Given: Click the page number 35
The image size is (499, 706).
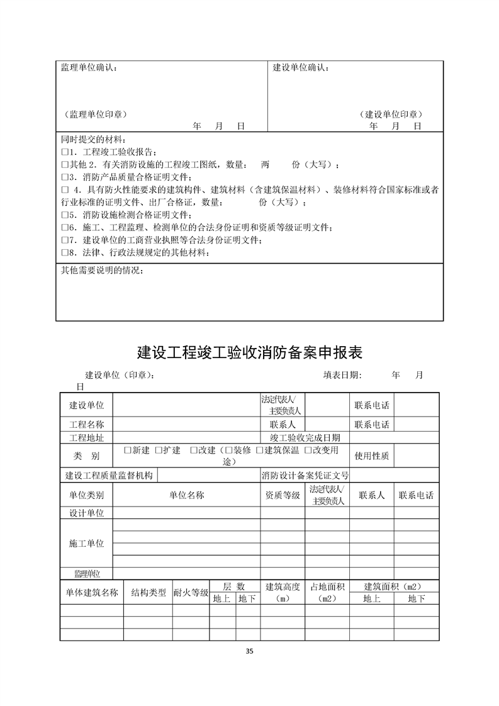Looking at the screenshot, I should [x=250, y=651].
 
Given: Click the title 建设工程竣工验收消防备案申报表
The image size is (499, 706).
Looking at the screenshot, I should [x=249, y=351].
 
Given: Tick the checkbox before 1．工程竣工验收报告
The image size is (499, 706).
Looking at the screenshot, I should [x=64, y=152].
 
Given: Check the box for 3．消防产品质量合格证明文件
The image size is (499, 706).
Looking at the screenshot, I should [x=64, y=177].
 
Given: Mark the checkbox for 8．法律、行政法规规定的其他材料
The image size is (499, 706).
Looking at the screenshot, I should [x=64, y=253].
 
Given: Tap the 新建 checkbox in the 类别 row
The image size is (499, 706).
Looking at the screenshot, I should [x=128, y=451].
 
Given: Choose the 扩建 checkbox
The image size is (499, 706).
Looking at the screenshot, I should [x=159, y=451].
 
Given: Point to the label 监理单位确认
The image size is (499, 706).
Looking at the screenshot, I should [x=88, y=67].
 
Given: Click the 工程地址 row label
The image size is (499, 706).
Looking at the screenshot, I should [x=86, y=437].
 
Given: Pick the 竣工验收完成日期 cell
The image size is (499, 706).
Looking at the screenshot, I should [x=305, y=437].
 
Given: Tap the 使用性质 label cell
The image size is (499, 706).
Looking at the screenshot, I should [x=372, y=456].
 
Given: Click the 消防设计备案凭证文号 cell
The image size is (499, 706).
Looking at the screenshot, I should [x=305, y=476].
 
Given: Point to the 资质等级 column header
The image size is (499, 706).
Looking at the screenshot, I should [x=283, y=495].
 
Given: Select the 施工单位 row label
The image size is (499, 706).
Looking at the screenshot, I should [x=86, y=543].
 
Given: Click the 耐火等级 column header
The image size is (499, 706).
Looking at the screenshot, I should [x=191, y=592].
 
